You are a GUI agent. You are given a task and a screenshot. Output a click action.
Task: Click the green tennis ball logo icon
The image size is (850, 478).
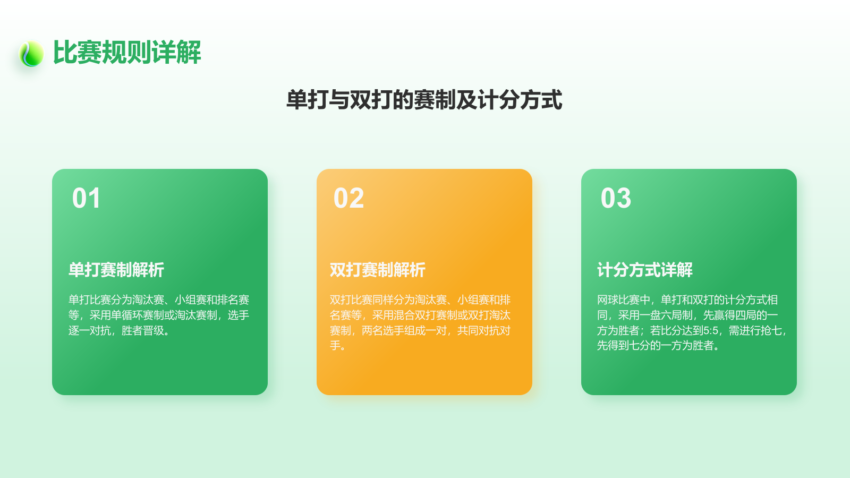31,54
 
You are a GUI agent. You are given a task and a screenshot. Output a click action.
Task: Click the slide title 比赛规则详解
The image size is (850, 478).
127,53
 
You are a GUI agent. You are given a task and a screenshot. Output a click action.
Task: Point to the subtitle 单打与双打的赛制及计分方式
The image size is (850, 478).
424,100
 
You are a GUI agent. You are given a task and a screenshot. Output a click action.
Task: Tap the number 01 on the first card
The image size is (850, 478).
87,199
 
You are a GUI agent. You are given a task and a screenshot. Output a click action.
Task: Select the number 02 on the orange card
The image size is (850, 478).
348,199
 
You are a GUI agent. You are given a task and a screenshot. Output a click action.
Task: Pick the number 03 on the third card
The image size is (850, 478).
616,199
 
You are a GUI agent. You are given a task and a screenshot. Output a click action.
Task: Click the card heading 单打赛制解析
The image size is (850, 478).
116,270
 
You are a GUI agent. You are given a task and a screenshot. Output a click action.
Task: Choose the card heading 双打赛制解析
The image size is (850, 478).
378,270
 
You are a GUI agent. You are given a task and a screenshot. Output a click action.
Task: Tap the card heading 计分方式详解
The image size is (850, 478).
645,270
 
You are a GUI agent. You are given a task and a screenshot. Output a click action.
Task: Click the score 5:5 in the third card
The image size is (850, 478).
711,331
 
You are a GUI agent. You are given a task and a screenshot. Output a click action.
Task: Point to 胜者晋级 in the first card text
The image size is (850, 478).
142,331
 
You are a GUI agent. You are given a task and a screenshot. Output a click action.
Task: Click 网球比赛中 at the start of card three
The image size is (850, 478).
623,300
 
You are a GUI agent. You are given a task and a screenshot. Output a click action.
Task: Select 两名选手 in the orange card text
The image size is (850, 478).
382,331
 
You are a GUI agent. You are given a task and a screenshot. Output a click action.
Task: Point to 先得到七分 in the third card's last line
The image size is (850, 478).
623,346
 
